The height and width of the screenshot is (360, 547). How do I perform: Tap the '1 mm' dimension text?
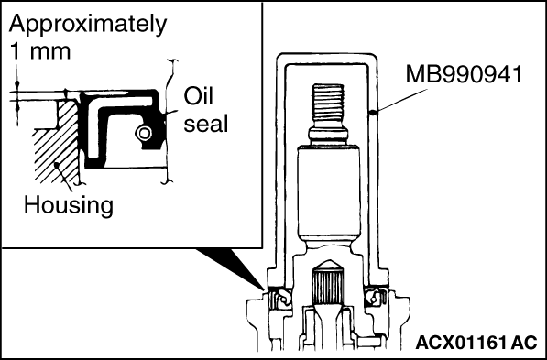[x=40, y=52]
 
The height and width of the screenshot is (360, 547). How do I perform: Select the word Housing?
[x=69, y=205]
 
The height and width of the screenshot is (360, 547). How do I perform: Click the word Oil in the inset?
[x=199, y=96]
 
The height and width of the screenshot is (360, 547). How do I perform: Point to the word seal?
[x=206, y=124]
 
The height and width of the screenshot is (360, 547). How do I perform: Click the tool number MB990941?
[x=464, y=74]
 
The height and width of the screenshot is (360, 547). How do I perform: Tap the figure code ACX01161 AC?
[x=476, y=343]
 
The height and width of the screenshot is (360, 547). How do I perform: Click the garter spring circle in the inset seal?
[x=144, y=133]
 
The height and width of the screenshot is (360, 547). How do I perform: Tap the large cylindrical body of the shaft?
[x=328, y=191]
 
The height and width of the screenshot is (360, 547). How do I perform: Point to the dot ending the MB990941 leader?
[x=373, y=113]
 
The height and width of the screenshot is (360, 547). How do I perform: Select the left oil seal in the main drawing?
[x=279, y=299]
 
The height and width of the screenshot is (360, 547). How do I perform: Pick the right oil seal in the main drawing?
[x=376, y=299]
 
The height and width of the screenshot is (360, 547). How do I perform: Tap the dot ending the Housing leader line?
[x=56, y=164]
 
